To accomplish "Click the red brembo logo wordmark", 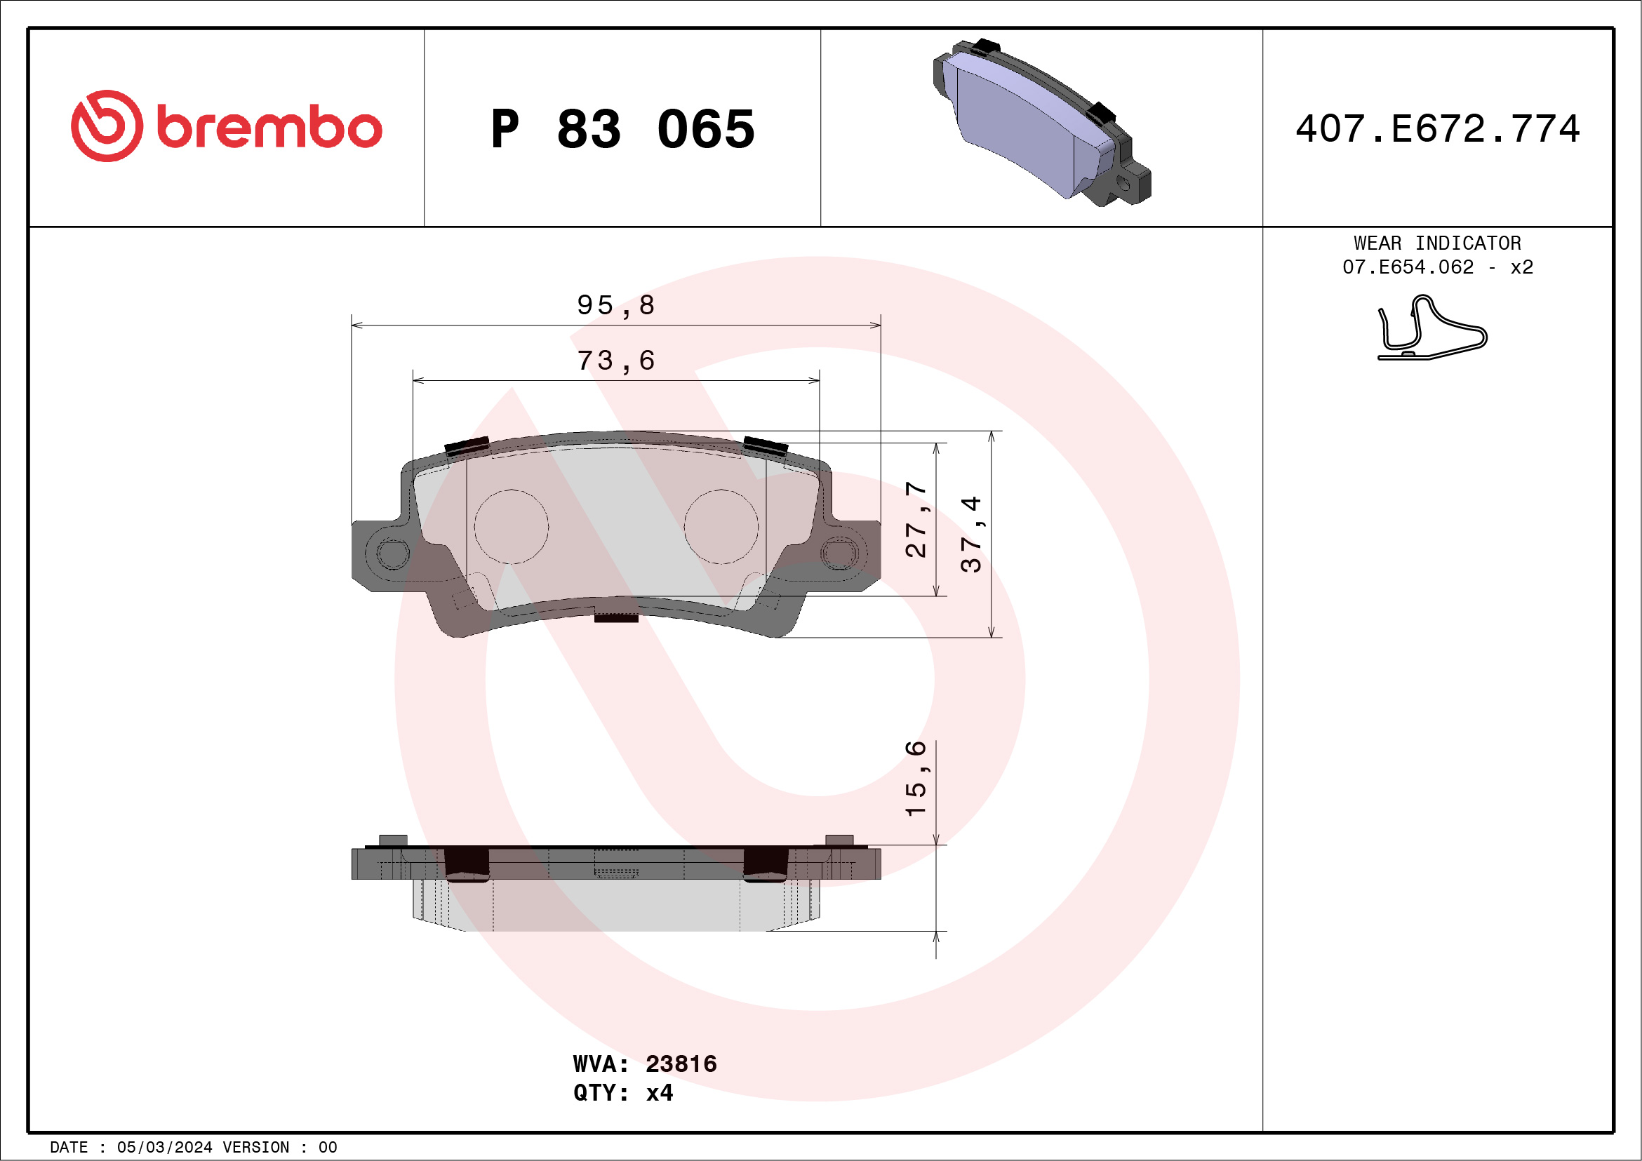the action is coord(226,126).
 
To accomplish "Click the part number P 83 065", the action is coord(622,129).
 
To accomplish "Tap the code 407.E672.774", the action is coord(1438,128).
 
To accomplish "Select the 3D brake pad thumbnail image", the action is coord(1042,122).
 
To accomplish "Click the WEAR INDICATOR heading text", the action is coord(1438,243).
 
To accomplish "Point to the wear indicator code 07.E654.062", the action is coord(1408,267).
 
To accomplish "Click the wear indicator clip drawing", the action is coord(1432,328).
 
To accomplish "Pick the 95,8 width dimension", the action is coord(616,305).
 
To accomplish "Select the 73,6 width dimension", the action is coord(616,361).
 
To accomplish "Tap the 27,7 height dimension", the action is coord(916,519).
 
